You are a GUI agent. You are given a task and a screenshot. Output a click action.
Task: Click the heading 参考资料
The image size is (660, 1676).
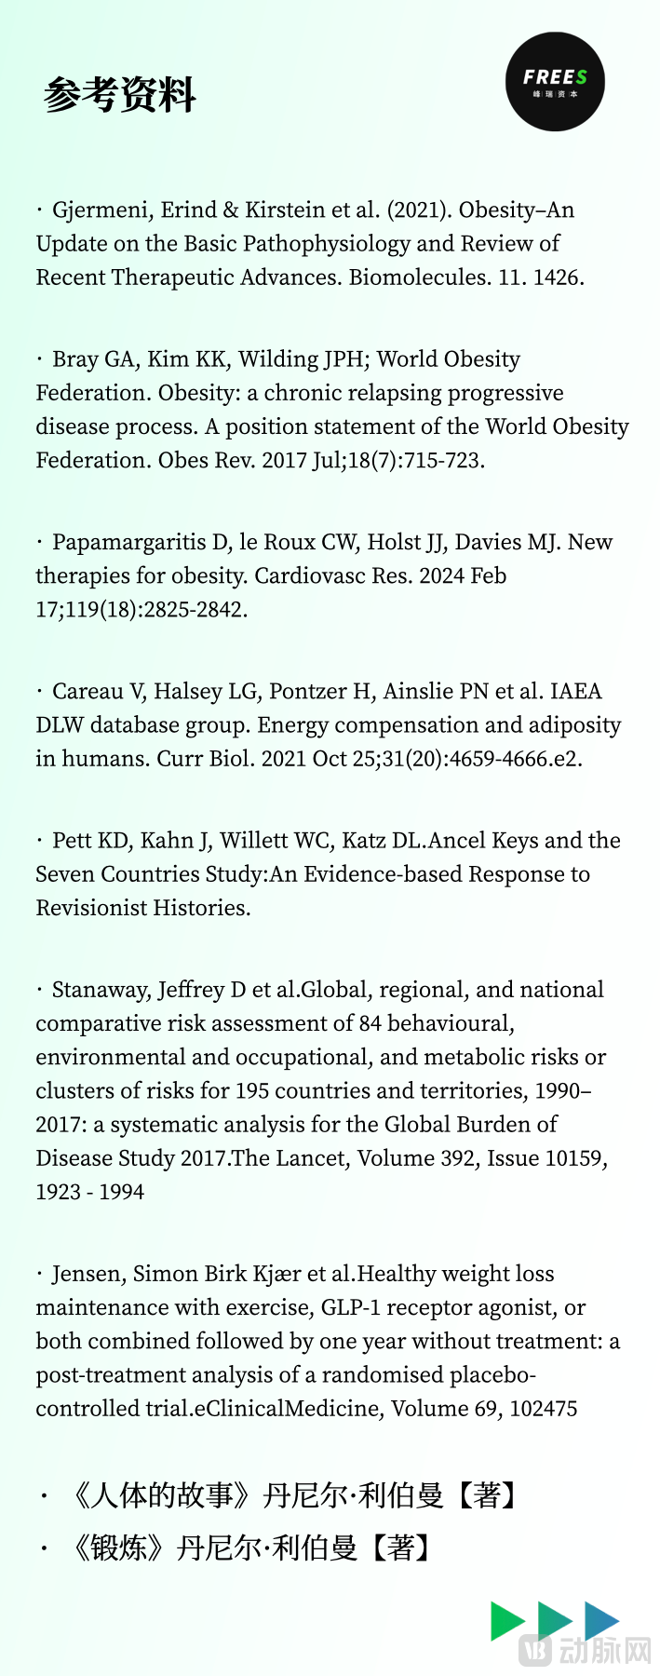click(119, 95)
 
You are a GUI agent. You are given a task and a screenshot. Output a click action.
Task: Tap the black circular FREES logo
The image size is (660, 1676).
click(555, 81)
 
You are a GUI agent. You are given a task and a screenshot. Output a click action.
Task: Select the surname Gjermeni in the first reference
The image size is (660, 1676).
click(102, 210)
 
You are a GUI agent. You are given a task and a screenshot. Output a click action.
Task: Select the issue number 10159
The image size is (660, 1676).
click(564, 1158)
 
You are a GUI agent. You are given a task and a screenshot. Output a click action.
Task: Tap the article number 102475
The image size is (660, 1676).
click(544, 1409)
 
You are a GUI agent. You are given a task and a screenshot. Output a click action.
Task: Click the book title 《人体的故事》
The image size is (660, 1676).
click(161, 1496)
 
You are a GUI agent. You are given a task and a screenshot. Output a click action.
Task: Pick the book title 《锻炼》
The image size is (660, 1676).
click(118, 1548)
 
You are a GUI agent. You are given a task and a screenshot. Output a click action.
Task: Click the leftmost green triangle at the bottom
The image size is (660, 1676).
click(506, 1621)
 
